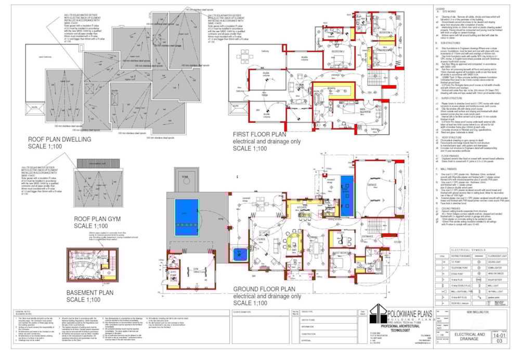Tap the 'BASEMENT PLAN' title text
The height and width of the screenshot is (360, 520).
(x=90, y=292)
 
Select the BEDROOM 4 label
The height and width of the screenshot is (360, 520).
(x=385, y=32)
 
